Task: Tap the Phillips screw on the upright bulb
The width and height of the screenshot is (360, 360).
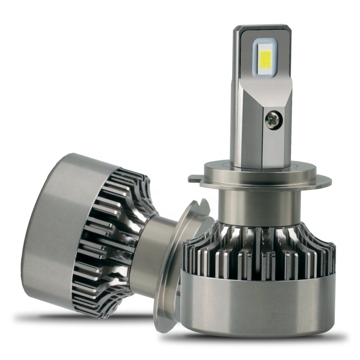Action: (x=273, y=119)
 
